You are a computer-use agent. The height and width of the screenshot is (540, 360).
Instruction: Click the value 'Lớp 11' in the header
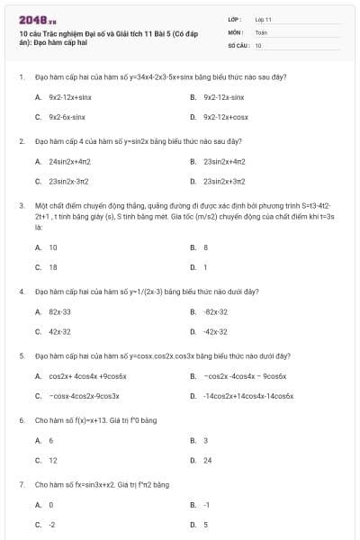coord(263,19)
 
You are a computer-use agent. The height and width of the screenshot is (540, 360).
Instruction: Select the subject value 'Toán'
coord(261,31)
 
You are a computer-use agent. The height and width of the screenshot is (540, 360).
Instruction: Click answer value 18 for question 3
coord(53,267)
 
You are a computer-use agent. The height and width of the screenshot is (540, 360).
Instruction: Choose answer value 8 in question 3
coord(206,247)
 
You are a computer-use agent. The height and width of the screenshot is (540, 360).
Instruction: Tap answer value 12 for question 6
coord(53,460)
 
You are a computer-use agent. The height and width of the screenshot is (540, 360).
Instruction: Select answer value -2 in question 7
coord(52,525)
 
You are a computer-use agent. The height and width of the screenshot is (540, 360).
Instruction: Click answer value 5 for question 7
coord(206,525)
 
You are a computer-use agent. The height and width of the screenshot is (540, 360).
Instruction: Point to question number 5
coord(21,355)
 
